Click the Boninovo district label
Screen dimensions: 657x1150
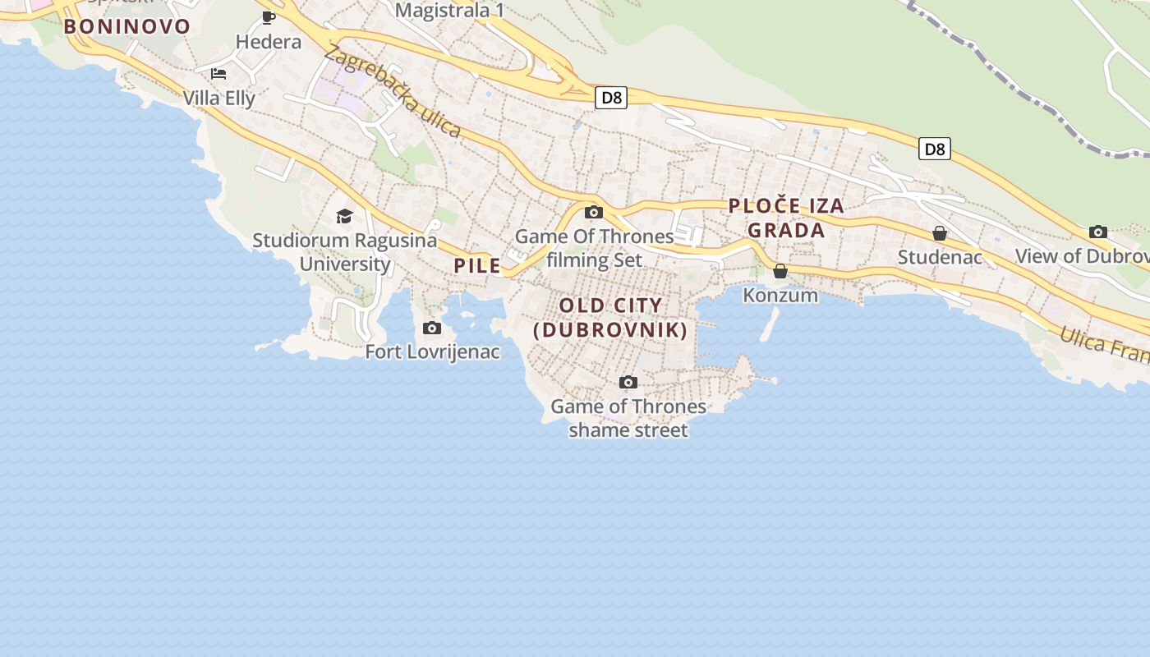[127, 26]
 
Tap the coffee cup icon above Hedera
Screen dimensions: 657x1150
[269, 17]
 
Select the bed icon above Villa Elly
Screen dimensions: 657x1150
[218, 74]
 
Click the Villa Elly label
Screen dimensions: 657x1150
[219, 99]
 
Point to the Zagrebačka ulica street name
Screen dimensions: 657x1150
[393, 90]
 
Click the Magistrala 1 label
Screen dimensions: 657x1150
[449, 11]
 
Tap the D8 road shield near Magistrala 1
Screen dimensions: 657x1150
[611, 98]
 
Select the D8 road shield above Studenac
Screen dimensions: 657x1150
[935, 149]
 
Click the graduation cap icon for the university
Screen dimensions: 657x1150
[344, 216]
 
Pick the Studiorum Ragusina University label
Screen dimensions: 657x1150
[344, 252]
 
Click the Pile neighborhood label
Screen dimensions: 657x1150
[477, 265]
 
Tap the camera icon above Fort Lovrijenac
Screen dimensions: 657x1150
[432, 328]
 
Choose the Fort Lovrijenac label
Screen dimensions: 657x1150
[432, 352]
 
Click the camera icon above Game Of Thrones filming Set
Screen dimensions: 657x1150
[594, 213]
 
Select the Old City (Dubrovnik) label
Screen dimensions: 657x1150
[610, 318]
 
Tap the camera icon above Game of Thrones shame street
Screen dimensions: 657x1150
[628, 383]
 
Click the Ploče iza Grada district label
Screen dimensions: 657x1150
[786, 218]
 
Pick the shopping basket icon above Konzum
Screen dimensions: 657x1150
[780, 271]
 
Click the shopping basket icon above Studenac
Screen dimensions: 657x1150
[940, 234]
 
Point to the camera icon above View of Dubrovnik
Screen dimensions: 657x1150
[1098, 232]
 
